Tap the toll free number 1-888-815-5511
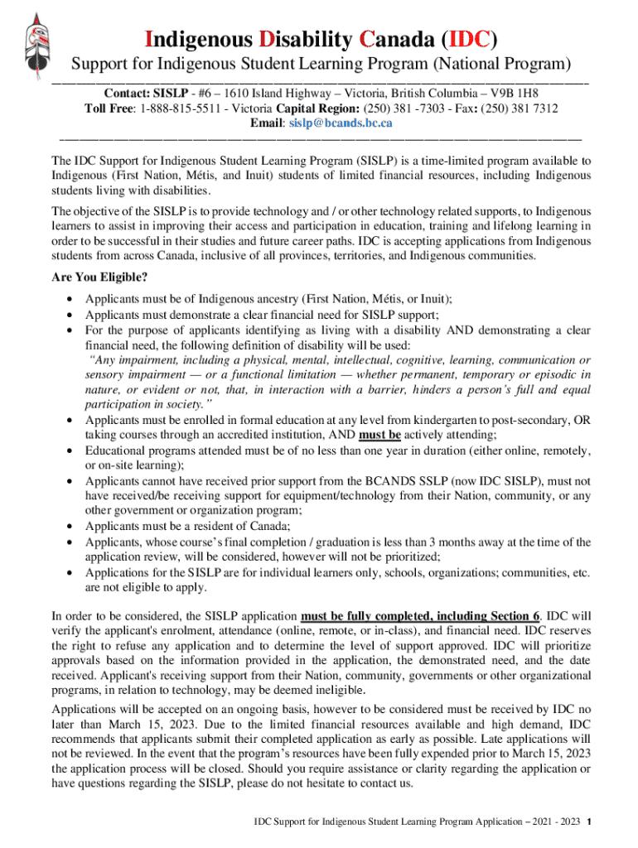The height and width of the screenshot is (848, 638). tap(184, 108)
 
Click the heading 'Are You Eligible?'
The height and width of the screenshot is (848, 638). tap(100, 277)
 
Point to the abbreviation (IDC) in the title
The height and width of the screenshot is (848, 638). tap(469, 39)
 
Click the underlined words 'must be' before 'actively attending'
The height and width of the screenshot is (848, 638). tap(380, 435)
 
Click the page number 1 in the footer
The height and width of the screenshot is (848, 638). tap(587, 823)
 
